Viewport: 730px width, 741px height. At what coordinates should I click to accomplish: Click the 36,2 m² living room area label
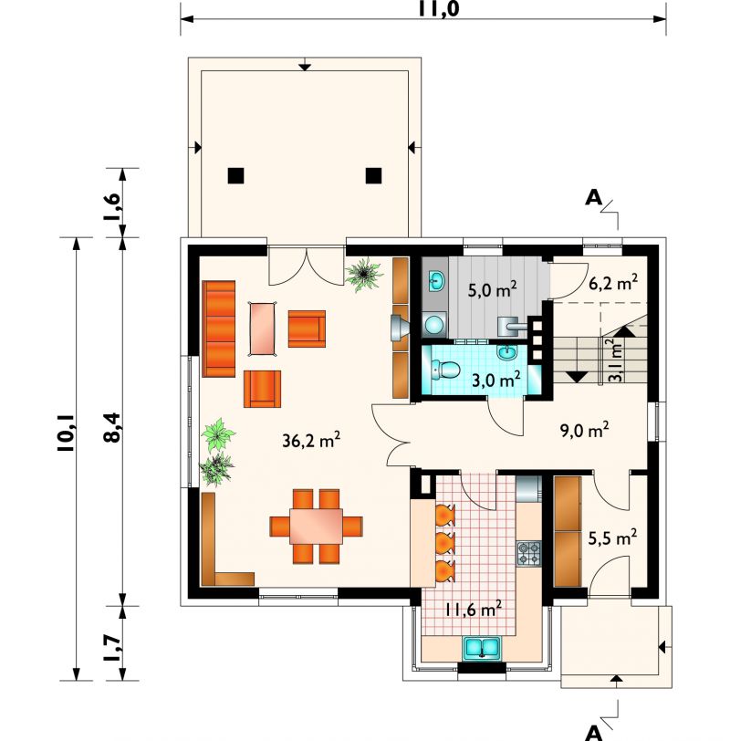311,440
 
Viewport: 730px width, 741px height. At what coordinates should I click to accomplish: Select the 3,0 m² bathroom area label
496,379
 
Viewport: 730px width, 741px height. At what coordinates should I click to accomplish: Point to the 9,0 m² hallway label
585,430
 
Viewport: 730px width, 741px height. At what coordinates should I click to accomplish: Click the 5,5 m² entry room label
612,537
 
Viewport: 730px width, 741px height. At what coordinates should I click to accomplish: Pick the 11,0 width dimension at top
439,8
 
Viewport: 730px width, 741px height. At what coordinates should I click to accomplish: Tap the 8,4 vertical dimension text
112,427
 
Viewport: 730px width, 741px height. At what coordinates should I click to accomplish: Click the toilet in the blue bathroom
445,370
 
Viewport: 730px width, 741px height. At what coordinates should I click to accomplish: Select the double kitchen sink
482,647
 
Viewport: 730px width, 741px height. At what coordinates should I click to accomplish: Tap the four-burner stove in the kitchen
528,553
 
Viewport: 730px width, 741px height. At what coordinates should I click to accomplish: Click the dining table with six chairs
316,526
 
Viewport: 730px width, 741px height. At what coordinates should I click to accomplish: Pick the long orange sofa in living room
219,329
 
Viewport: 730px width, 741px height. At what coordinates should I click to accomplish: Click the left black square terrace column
235,176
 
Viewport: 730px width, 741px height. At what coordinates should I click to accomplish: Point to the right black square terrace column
374,176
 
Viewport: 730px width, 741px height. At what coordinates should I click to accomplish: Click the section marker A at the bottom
593,733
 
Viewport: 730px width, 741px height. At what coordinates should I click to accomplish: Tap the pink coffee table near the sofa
262,329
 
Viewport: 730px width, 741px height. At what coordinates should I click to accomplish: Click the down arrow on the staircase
577,377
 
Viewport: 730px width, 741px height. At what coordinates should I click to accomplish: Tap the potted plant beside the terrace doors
364,275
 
